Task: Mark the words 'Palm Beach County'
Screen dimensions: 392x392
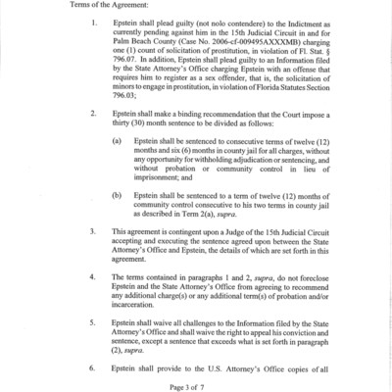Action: pyautogui.click(x=169, y=45)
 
